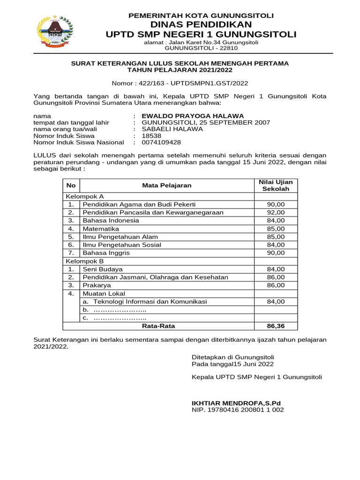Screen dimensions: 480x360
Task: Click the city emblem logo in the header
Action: tap(55, 31)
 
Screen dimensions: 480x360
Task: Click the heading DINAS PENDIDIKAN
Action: tap(201, 24)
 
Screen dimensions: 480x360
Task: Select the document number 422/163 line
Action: tap(180, 83)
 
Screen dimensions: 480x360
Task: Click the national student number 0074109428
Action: tap(161, 142)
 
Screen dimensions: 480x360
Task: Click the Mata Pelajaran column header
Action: tap(166, 185)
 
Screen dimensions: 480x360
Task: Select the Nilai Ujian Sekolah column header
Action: tap(276, 185)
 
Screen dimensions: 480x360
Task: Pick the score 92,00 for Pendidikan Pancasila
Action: tap(276, 212)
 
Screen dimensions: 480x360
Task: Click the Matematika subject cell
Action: tap(101, 228)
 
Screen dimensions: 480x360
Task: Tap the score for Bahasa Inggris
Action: tap(276, 253)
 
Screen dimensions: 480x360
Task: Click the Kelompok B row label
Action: tap(85, 261)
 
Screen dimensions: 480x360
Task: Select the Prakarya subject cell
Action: tap(97, 285)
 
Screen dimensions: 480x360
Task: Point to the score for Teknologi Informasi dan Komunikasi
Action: tap(276, 301)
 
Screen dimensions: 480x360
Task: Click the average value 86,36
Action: tap(276, 326)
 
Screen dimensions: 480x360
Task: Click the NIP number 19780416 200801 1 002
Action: tap(238, 410)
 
